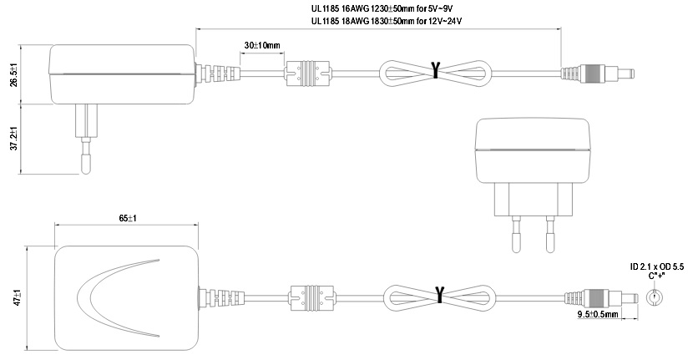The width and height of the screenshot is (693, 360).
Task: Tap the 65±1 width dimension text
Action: [127, 218]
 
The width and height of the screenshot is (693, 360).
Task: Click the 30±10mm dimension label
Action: [262, 43]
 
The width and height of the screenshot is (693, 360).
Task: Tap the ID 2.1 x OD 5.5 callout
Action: [656, 266]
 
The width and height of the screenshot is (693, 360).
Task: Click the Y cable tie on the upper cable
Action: [435, 70]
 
